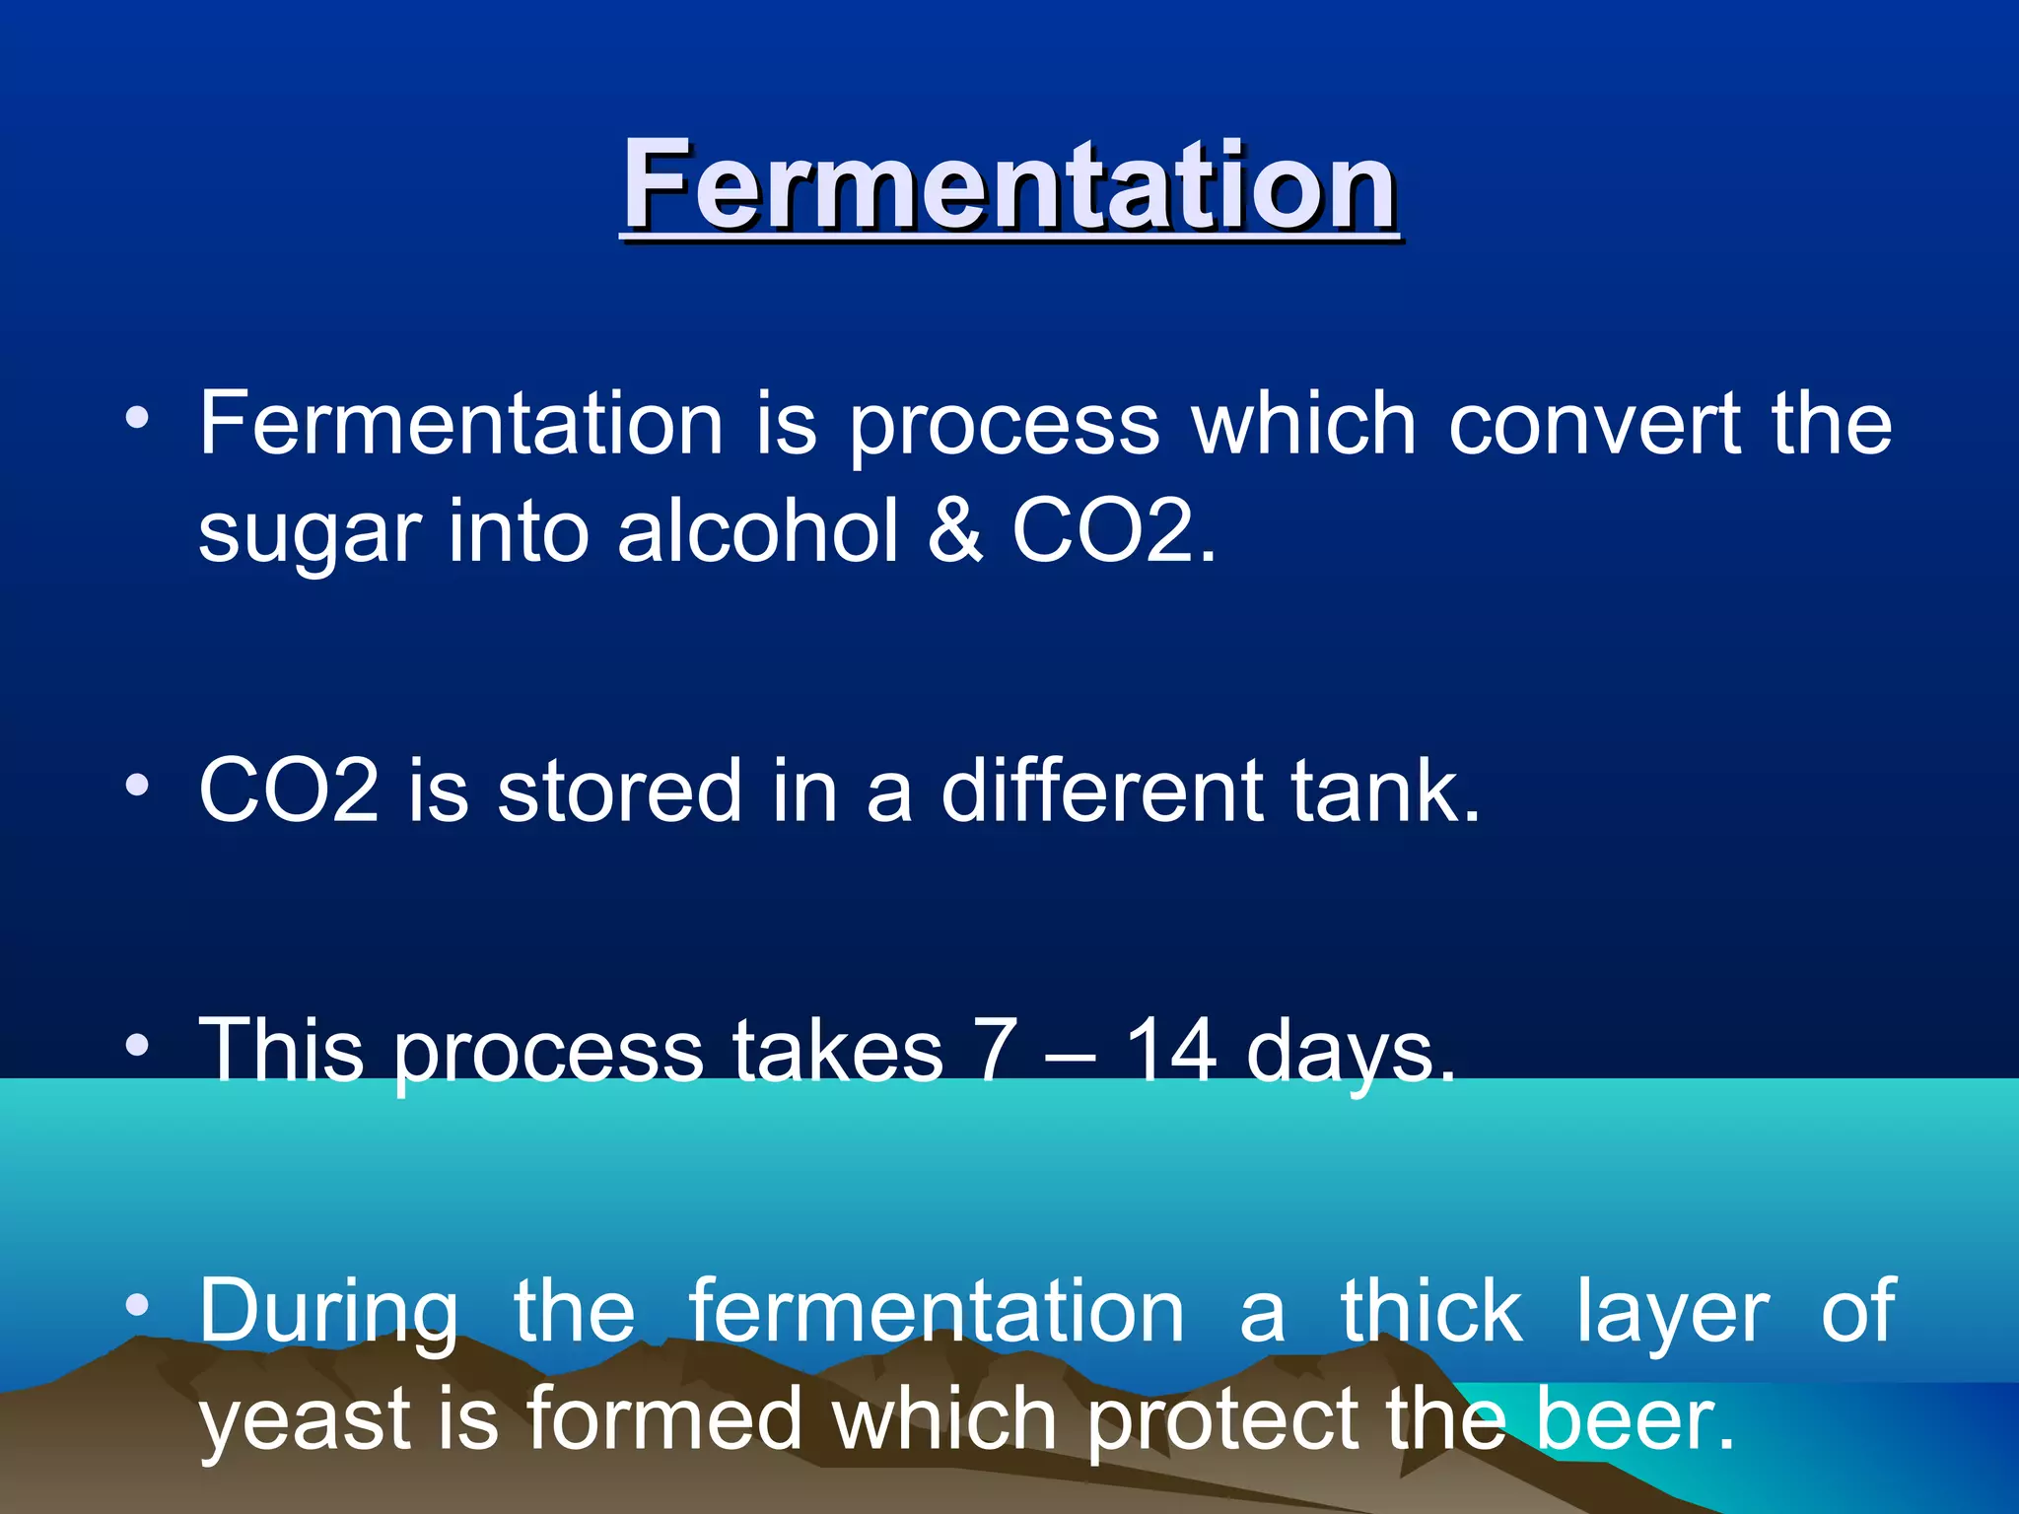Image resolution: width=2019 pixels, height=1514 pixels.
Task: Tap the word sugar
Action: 310,532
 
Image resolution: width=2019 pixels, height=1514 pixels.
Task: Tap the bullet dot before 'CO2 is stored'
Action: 138,785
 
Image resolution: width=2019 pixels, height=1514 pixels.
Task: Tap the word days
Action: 1351,1053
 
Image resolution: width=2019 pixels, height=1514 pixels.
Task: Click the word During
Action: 329,1311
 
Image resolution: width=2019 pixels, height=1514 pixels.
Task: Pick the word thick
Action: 1430,1311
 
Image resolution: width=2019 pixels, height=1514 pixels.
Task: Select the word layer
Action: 1672,1313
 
